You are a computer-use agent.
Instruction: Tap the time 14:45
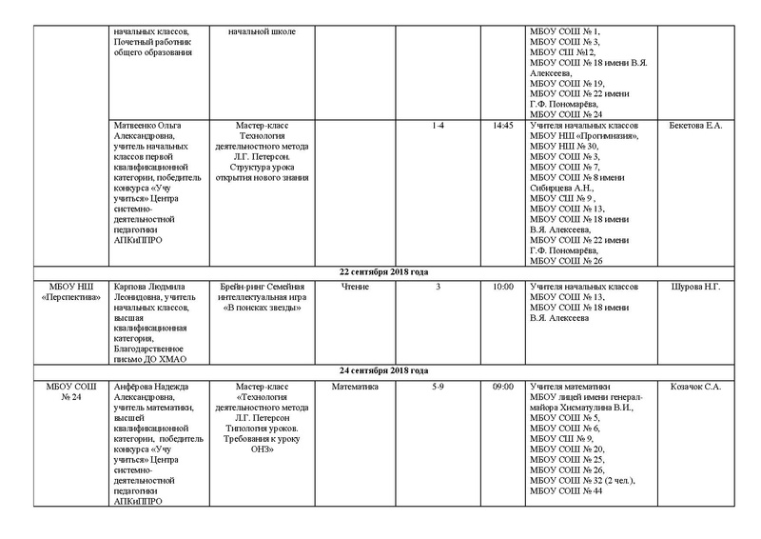point(503,126)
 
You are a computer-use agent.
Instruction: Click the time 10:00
point(503,287)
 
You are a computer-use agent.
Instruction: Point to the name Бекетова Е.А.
point(696,126)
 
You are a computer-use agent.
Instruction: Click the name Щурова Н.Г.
point(696,287)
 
